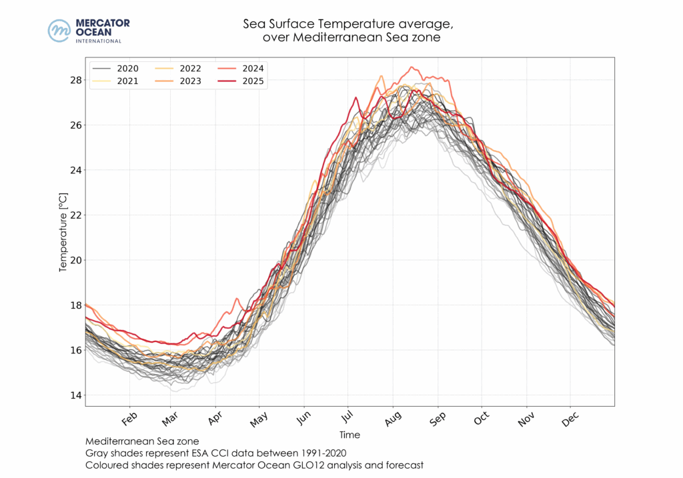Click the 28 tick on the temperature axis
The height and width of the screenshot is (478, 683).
pyautogui.click(x=75, y=80)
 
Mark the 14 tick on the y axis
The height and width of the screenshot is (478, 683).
pyautogui.click(x=75, y=395)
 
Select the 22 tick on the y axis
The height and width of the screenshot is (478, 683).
pyautogui.click(x=75, y=215)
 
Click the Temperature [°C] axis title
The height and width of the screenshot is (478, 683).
pyautogui.click(x=63, y=232)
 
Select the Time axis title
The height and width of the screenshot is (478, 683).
pyautogui.click(x=350, y=435)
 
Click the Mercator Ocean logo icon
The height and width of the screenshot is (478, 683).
pyautogui.click(x=60, y=31)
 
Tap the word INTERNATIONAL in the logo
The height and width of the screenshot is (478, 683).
pyautogui.click(x=98, y=41)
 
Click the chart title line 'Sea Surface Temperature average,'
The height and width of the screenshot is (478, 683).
pyautogui.click(x=348, y=25)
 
